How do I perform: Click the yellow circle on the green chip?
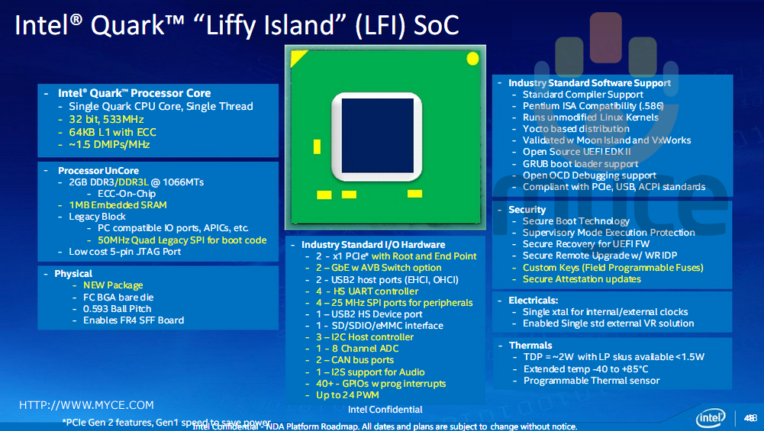pos(472,58)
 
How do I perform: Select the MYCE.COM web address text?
pos(86,405)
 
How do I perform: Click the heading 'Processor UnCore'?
pos(98,171)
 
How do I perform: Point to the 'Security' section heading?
pos(527,210)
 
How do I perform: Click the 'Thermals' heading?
pos(530,346)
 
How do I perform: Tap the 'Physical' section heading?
pos(73,274)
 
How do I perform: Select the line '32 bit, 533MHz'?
pos(106,120)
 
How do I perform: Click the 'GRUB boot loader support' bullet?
pos(580,164)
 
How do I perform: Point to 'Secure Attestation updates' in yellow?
pos(582,279)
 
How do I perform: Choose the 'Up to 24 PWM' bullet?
pos(347,395)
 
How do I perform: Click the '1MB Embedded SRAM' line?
pos(118,205)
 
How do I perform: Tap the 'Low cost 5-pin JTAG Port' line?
pos(125,251)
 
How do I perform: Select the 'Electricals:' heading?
pos(534,301)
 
